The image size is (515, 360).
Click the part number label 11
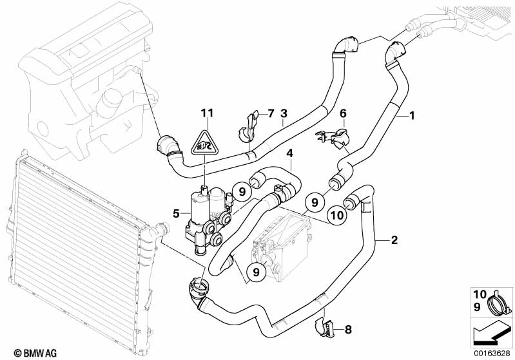(208, 113)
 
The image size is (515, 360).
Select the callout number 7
(270, 113)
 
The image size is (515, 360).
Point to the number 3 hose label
(284, 113)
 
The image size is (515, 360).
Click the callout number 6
(343, 113)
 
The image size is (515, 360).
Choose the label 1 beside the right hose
(411, 115)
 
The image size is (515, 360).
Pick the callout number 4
(289, 153)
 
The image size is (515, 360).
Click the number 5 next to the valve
(177, 214)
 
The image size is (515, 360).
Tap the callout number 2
(394, 240)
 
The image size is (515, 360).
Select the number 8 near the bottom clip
(348, 329)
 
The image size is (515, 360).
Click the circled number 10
(337, 215)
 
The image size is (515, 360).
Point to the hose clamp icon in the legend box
(500, 301)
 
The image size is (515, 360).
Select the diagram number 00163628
(492, 354)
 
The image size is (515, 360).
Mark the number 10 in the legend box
(480, 294)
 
